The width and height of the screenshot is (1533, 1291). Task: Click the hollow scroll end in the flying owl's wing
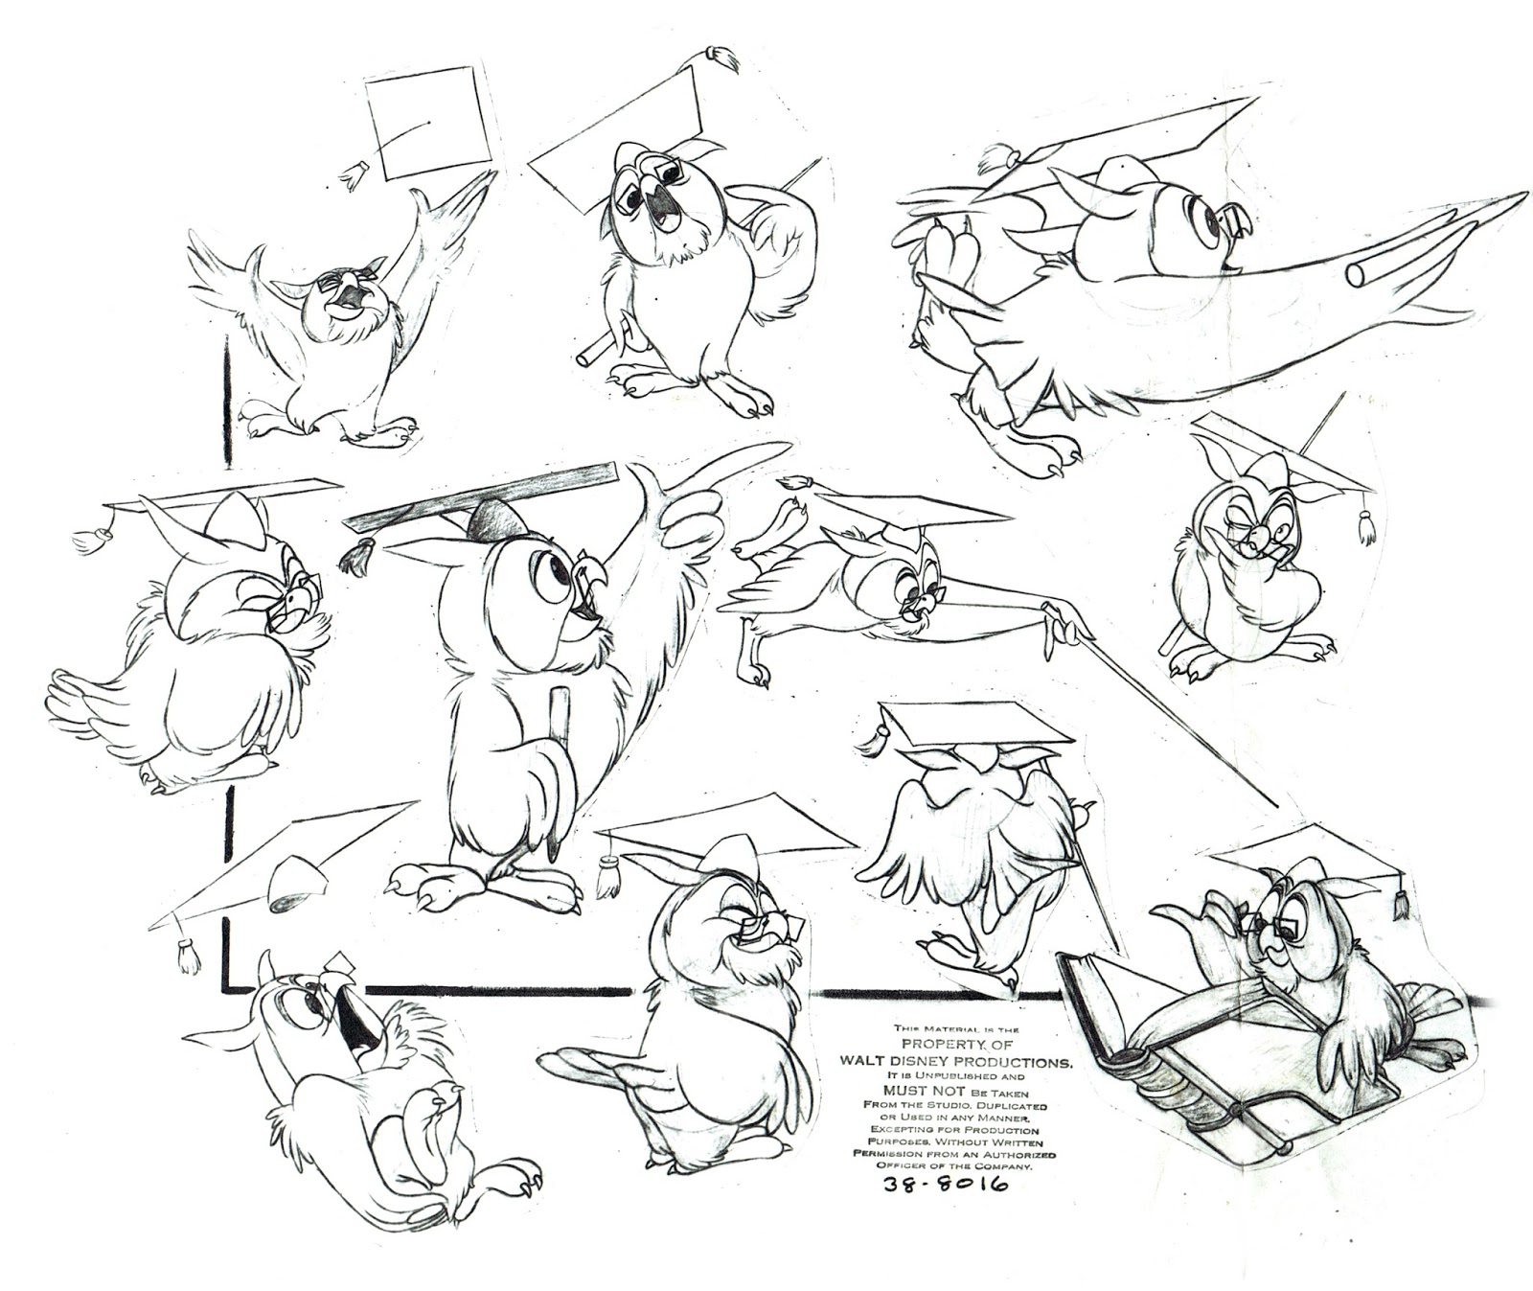point(1359,272)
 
